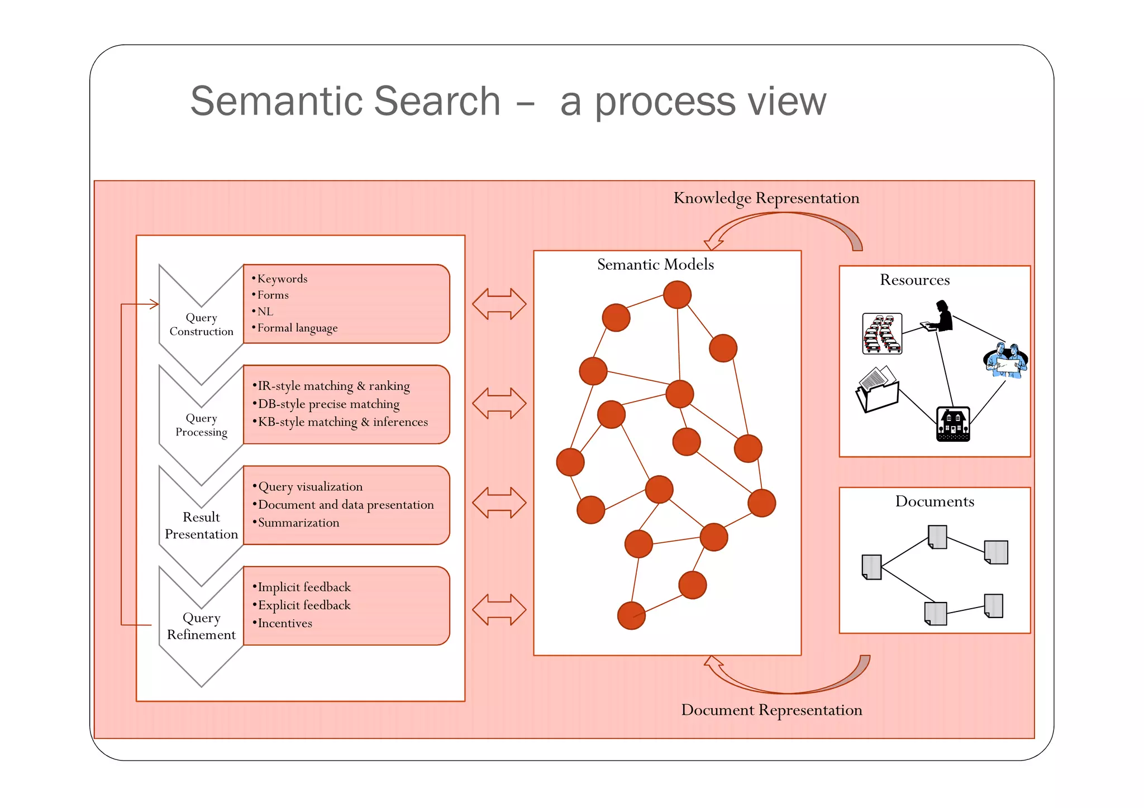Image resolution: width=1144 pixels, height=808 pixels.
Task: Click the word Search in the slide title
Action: [437, 101]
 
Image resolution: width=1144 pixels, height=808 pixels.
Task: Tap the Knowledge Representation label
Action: [766, 198]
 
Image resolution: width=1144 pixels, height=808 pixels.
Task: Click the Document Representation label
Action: [771, 710]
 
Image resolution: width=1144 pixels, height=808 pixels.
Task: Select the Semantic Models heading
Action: [655, 265]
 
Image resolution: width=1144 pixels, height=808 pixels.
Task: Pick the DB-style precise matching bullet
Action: [328, 404]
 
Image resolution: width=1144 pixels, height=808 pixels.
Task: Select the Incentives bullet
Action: [284, 623]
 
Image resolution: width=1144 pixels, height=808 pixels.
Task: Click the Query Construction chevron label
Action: [201, 324]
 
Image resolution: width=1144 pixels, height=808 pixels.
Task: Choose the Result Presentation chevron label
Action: [201, 525]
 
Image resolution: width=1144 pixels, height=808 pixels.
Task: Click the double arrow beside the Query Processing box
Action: [499, 404]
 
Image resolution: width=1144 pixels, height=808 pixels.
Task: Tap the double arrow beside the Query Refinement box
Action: [499, 610]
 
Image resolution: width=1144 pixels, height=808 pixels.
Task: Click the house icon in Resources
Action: [953, 424]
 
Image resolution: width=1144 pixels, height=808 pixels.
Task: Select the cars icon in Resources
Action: [882, 333]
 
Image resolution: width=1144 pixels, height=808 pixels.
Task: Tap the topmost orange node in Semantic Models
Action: [677, 295]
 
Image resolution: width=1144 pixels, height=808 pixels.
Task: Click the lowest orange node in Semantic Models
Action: [631, 615]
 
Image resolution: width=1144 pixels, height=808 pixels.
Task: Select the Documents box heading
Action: [935, 501]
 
